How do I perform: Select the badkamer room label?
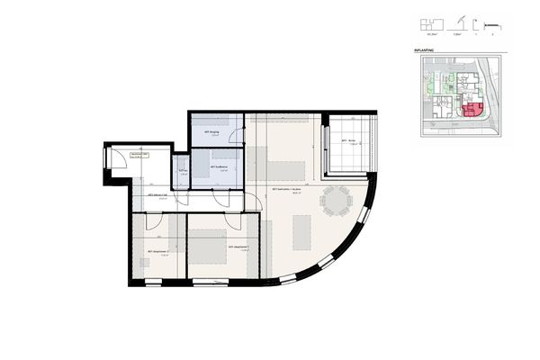(x=218, y=167)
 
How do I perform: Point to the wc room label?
(x=182, y=170)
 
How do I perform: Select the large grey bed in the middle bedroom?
(x=210, y=245)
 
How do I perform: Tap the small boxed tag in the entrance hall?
(x=139, y=155)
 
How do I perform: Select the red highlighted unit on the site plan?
(x=470, y=112)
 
